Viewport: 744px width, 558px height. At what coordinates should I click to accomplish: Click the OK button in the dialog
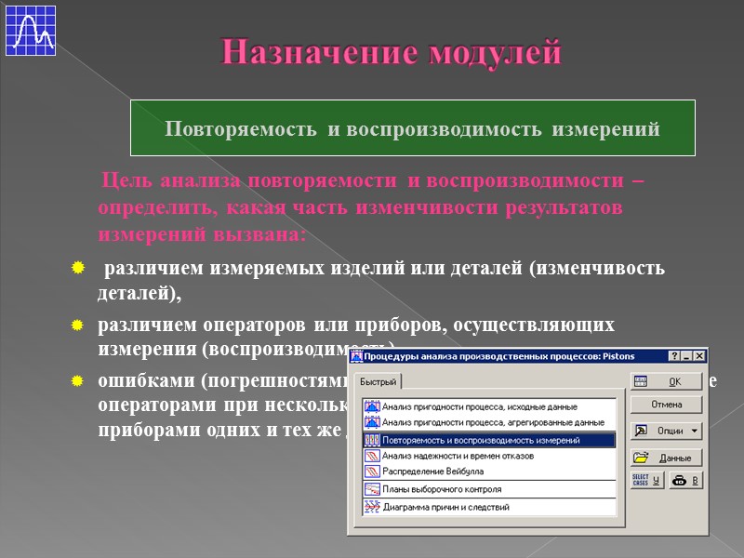pos(666,382)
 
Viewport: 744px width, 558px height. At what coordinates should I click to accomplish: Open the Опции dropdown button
pos(666,431)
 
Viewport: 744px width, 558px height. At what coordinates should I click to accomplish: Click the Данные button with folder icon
pos(666,458)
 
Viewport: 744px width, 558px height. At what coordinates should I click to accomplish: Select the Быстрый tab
pos(379,382)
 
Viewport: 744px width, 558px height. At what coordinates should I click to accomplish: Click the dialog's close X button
pos(699,355)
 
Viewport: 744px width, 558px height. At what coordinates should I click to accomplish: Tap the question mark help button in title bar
pos(673,355)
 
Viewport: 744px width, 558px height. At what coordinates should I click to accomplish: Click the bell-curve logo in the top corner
pos(31,31)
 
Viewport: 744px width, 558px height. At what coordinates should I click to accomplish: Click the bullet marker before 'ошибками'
pos(78,381)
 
